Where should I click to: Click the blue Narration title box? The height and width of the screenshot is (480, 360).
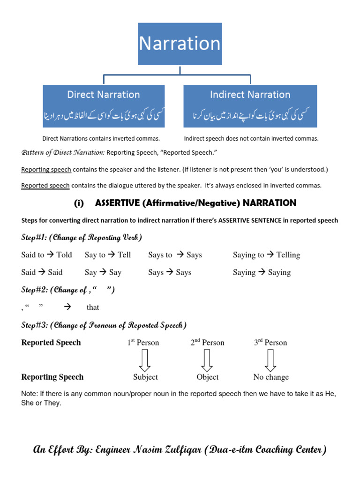[180, 44]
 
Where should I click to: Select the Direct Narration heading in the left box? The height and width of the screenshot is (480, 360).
[104, 95]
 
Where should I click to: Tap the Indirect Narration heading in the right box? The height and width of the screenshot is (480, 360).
[250, 95]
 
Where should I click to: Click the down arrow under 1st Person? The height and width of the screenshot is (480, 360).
[144, 360]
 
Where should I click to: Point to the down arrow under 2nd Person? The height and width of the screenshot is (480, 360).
[207, 360]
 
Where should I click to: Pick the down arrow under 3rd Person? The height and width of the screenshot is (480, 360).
[270, 360]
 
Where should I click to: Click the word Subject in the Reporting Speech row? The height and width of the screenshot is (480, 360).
[145, 377]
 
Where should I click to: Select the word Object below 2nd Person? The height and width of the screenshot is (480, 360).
[208, 377]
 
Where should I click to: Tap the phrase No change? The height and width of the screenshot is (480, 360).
[271, 377]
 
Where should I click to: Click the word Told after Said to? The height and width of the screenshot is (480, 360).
[64, 255]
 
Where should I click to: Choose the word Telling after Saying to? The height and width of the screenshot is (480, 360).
[288, 255]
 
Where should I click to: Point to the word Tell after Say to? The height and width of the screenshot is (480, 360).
[124, 255]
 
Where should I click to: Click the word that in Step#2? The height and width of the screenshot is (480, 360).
[93, 307]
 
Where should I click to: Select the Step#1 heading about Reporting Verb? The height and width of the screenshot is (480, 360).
[82, 237]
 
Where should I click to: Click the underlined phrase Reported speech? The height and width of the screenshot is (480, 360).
[45, 186]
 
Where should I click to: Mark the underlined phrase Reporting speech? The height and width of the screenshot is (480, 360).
[46, 169]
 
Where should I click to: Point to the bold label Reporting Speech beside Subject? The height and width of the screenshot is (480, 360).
[52, 377]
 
